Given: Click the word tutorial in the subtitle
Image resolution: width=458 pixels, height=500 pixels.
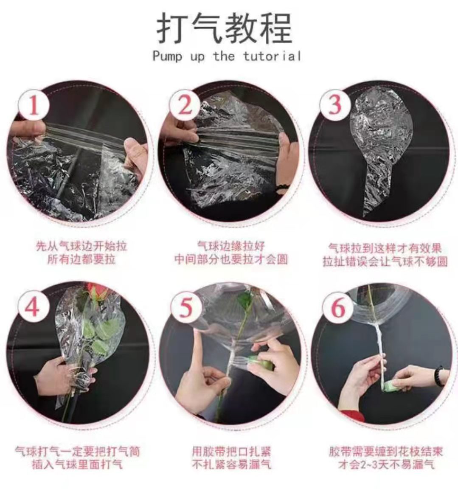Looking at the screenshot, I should click(x=272, y=56).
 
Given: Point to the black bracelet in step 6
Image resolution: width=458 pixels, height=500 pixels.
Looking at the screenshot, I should click(x=438, y=376).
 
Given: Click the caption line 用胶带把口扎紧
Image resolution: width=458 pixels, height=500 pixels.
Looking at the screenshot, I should click(x=231, y=451).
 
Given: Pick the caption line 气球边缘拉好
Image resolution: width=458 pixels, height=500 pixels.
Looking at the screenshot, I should click(x=231, y=245).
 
